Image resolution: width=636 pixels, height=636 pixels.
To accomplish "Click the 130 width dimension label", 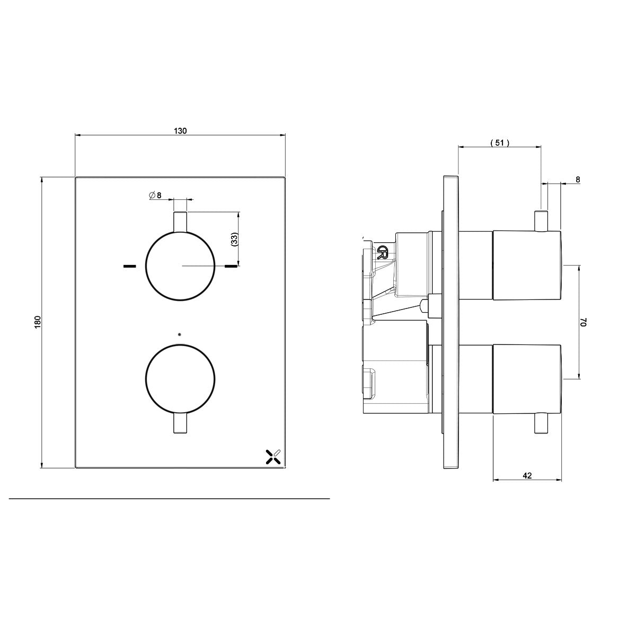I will point(181,131).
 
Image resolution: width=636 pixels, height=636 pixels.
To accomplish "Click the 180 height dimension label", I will point(37,322).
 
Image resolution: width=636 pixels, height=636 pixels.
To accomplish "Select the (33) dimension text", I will point(234,239).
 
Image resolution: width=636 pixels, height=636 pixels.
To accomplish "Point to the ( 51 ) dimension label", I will point(499,142).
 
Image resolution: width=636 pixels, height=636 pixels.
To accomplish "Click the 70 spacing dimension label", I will point(584,323).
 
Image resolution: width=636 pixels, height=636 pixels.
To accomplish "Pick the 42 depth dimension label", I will point(527,475).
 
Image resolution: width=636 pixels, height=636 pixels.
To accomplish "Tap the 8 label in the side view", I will point(578,180).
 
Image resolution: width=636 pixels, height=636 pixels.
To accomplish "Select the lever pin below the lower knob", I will point(180,423).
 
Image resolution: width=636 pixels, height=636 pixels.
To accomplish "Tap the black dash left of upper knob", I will point(129,266).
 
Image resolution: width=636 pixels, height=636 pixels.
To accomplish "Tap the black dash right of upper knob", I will point(231,266).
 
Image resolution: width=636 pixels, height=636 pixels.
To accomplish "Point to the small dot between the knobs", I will point(180,334).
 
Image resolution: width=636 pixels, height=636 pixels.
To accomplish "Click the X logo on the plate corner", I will point(272,456).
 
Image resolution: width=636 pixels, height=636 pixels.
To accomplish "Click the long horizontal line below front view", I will point(170,499).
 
